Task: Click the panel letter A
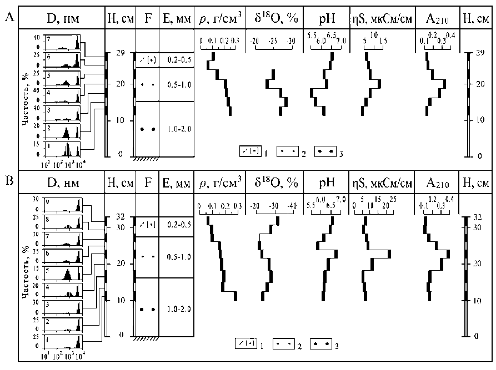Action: [9, 19]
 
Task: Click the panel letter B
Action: [9, 181]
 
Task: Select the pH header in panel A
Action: [327, 20]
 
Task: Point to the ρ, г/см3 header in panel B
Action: [220, 183]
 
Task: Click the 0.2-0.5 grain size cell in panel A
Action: [177, 60]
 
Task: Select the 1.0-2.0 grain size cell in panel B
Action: [177, 308]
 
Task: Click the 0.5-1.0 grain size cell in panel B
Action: [177, 257]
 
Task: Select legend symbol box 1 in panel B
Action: [244, 345]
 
